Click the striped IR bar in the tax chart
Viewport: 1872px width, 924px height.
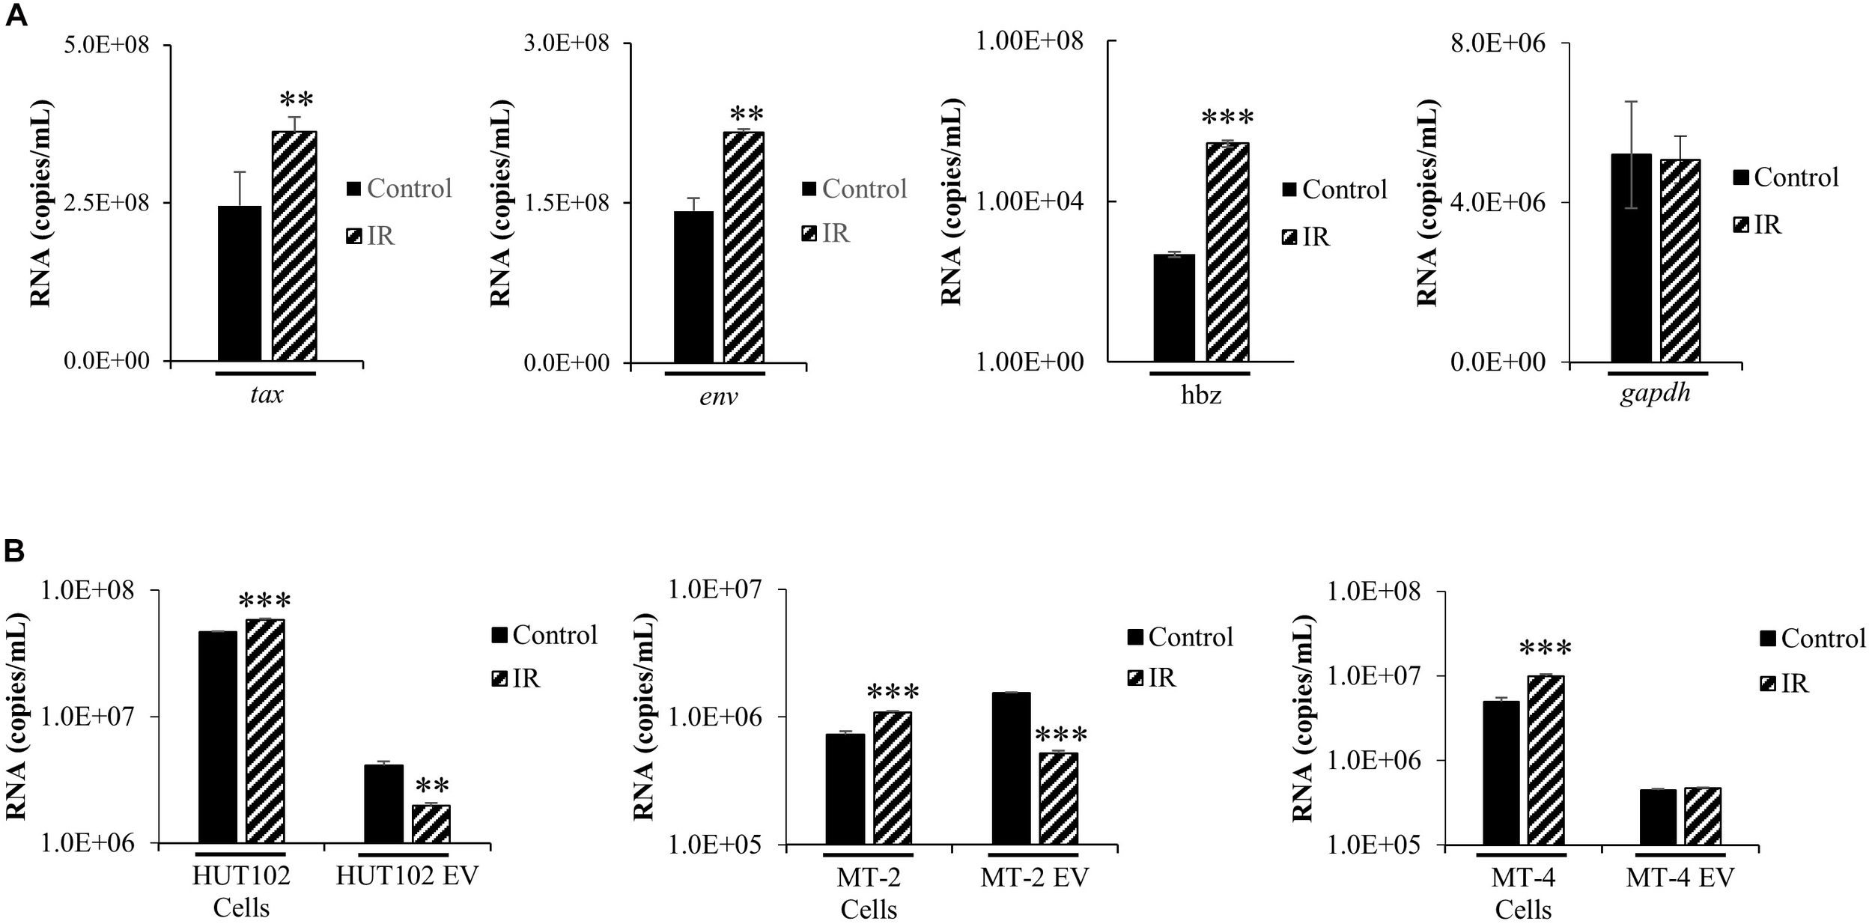pyautogui.click(x=294, y=247)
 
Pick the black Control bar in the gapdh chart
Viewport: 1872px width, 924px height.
pyautogui.click(x=1631, y=258)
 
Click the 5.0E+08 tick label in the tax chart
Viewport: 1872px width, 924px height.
pyautogui.click(x=108, y=45)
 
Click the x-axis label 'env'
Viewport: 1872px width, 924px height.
pyautogui.click(x=718, y=396)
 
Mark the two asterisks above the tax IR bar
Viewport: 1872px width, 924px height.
pyautogui.click(x=296, y=101)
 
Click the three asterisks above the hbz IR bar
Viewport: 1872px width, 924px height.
pyautogui.click(x=1227, y=118)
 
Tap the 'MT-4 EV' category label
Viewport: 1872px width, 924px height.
pyautogui.click(x=1680, y=878)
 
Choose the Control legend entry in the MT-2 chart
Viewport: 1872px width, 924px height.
pyautogui.click(x=1180, y=637)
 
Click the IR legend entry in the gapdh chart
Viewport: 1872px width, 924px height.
pyautogui.click(x=1757, y=224)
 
